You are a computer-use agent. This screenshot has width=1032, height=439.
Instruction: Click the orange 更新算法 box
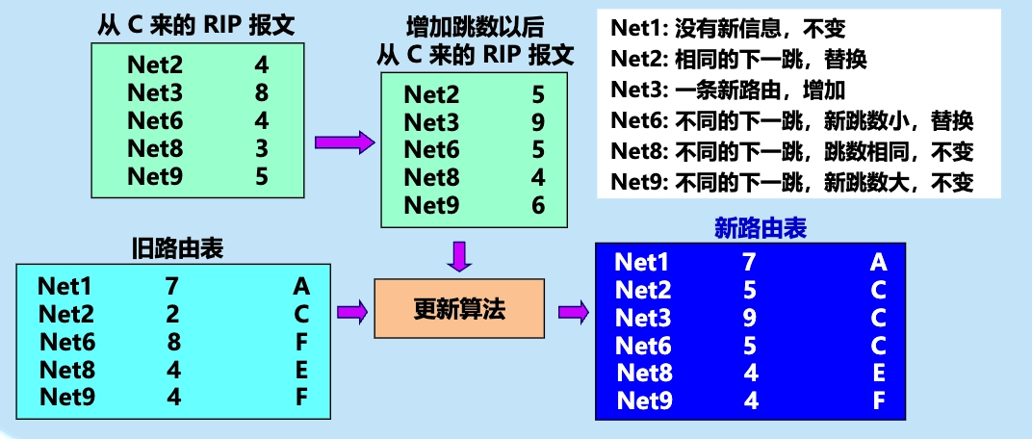(x=458, y=310)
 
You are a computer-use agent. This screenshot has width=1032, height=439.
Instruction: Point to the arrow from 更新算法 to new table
(x=574, y=311)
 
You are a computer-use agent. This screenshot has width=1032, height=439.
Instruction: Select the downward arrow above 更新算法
(x=460, y=256)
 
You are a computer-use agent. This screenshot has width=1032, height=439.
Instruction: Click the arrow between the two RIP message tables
(x=344, y=142)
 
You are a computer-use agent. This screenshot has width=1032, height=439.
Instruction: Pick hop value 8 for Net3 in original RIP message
(x=262, y=93)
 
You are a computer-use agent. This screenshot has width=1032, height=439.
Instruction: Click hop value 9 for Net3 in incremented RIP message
(x=538, y=122)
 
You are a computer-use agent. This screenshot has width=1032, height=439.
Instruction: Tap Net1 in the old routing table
(x=65, y=286)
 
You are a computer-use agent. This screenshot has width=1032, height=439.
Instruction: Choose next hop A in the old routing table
(x=301, y=286)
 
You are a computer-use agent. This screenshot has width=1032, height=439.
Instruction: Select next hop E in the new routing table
(x=878, y=374)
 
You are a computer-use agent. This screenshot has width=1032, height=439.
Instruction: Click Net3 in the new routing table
(x=642, y=318)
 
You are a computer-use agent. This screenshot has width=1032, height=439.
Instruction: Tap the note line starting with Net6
(x=792, y=121)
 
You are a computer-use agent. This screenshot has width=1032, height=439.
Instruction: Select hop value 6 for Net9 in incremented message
(x=538, y=205)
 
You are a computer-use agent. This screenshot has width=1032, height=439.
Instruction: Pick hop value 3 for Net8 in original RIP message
(x=262, y=149)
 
